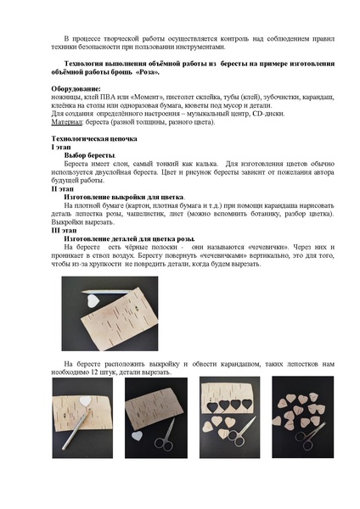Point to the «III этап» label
click(x=65, y=230)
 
